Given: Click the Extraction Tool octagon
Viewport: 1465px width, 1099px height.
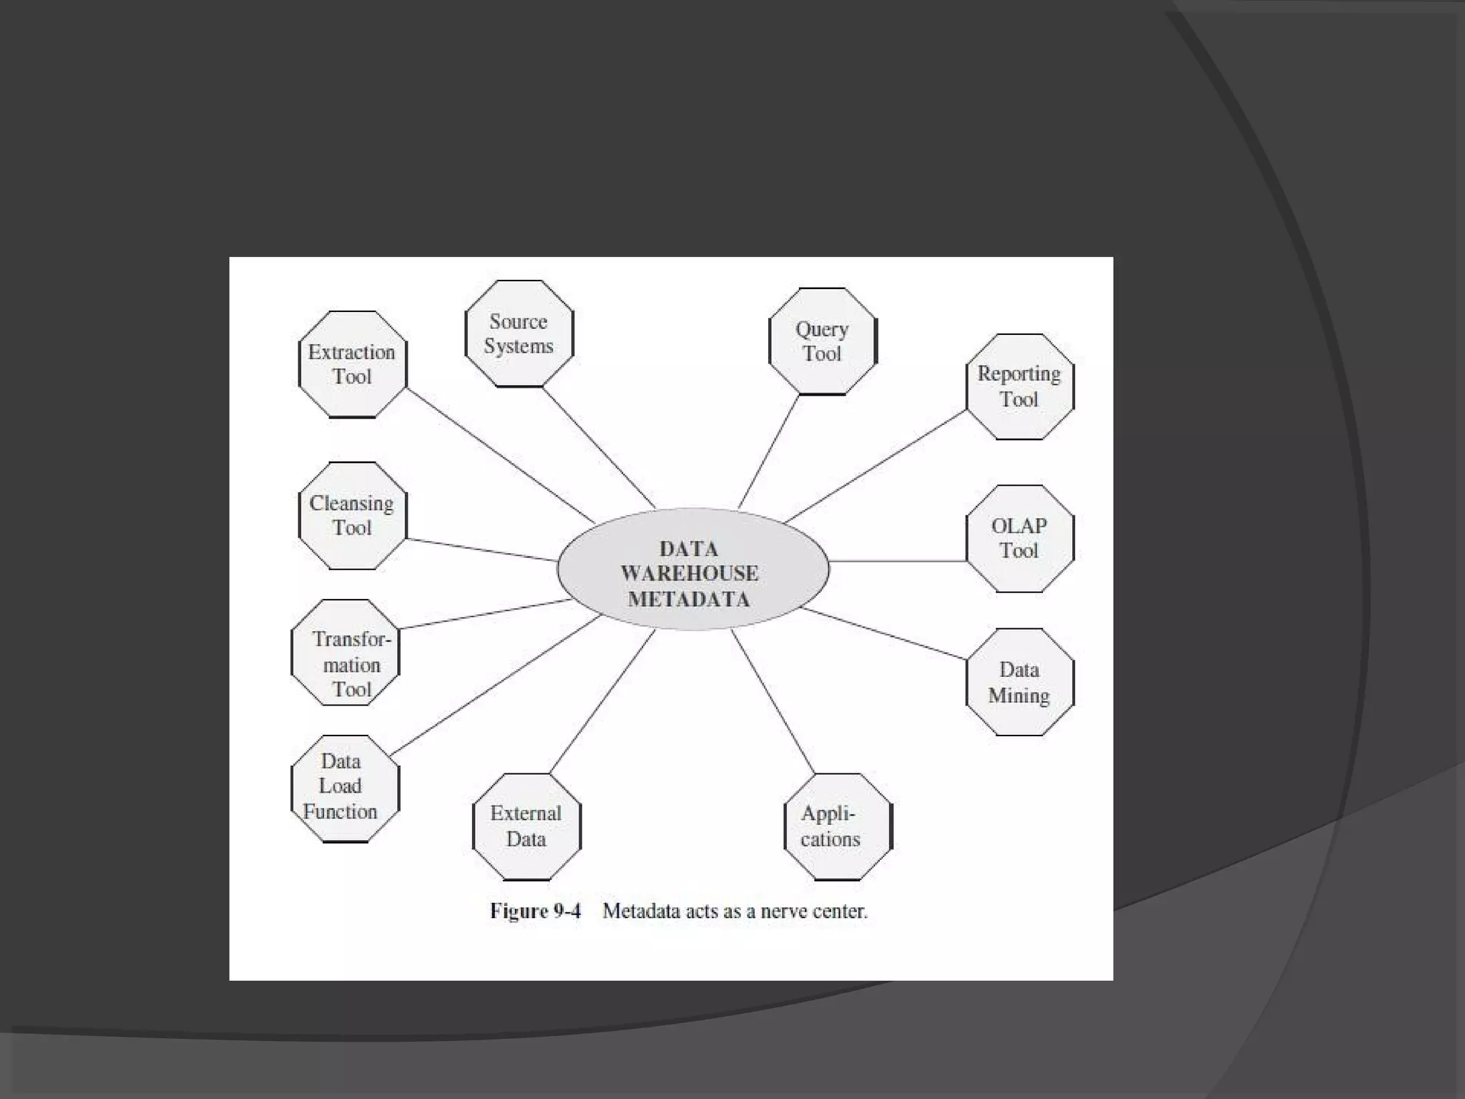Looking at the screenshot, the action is (x=352, y=364).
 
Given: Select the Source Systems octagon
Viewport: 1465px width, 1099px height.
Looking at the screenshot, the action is (x=519, y=333).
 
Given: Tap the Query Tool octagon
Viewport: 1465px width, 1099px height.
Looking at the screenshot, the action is (x=822, y=341).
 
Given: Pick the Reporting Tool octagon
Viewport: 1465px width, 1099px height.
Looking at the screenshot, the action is (x=1019, y=386).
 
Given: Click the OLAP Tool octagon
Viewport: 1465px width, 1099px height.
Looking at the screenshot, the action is (x=1019, y=538).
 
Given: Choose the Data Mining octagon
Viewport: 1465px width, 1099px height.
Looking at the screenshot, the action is (x=1019, y=682).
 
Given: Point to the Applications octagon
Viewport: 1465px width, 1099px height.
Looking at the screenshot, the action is (x=838, y=826).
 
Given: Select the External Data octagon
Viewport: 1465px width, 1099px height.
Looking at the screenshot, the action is (x=526, y=826).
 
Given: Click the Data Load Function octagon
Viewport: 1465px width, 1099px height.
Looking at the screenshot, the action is (x=345, y=788).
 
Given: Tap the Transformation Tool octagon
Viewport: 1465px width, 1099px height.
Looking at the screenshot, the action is (x=345, y=653).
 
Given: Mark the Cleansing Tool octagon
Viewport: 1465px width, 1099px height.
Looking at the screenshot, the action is (x=352, y=515).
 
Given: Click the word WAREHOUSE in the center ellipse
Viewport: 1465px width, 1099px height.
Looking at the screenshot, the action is (x=690, y=573).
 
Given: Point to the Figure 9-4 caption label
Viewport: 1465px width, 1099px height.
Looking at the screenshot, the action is (x=535, y=911).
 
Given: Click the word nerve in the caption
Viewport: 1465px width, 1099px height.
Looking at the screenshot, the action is (x=785, y=911).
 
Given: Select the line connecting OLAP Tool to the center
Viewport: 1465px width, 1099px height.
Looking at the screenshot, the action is (x=898, y=562).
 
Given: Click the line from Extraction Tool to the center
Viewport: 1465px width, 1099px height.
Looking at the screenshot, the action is (x=501, y=456).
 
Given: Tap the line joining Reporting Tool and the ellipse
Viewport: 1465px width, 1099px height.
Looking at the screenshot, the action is (x=876, y=467).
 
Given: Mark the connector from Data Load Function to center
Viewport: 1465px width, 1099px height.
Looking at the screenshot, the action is (x=495, y=685).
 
